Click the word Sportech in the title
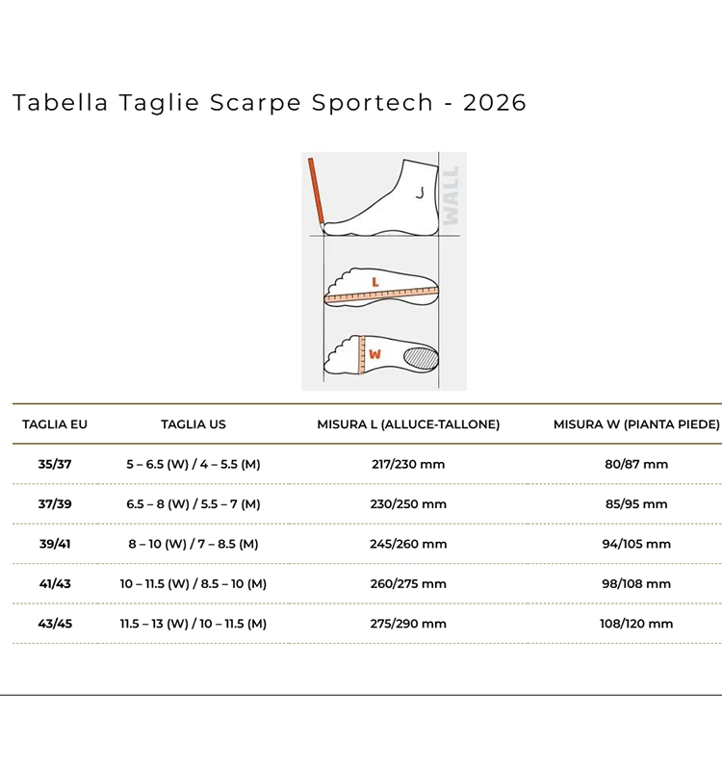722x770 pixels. [373, 103]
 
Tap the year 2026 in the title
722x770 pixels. [495, 103]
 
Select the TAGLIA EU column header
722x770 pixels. [55, 424]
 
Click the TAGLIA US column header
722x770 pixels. [193, 424]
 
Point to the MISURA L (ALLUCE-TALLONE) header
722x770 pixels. [408, 424]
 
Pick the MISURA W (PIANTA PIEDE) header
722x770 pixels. [636, 424]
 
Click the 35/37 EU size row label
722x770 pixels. [55, 464]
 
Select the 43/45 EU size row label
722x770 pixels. [55, 624]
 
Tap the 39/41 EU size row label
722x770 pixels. [55, 544]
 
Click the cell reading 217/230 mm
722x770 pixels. [408, 464]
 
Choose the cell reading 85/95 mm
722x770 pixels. [636, 504]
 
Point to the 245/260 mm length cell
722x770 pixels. [408, 544]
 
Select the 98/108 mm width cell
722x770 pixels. [636, 584]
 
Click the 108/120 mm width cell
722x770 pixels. [636, 624]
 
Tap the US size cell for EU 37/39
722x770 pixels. [193, 504]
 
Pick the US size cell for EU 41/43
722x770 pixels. [193, 584]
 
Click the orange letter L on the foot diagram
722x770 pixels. [375, 282]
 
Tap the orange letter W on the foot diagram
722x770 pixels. [374, 354]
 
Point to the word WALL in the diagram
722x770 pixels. [451, 195]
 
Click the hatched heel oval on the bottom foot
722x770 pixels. [421, 357]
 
